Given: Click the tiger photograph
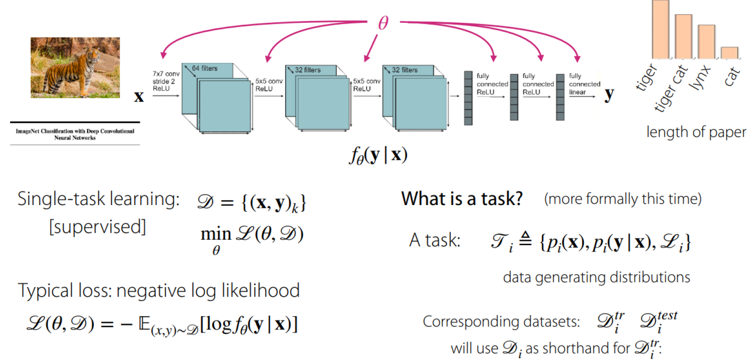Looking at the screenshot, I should [75, 67].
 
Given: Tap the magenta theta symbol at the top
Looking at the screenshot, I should [383, 22].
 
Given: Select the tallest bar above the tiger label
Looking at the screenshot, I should [660, 30].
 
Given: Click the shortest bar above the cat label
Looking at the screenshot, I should [729, 52].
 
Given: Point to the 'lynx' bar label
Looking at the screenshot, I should [700, 77].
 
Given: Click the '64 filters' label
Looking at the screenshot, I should [204, 68].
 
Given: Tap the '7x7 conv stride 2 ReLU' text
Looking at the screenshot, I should [166, 81].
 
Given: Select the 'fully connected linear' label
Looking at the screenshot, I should [584, 84].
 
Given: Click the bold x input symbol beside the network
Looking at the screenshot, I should [139, 97].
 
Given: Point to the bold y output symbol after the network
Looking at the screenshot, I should [609, 95].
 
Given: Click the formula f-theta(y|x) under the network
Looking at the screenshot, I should [378, 155].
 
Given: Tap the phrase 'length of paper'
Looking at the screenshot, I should [696, 132].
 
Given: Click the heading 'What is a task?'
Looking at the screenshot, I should [462, 199].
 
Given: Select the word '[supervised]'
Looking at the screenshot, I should [97, 226].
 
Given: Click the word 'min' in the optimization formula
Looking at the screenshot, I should [216, 234].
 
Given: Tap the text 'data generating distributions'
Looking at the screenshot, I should [596, 277].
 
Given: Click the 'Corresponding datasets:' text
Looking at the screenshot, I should [501, 321].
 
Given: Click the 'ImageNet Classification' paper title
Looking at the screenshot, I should [75, 134].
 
